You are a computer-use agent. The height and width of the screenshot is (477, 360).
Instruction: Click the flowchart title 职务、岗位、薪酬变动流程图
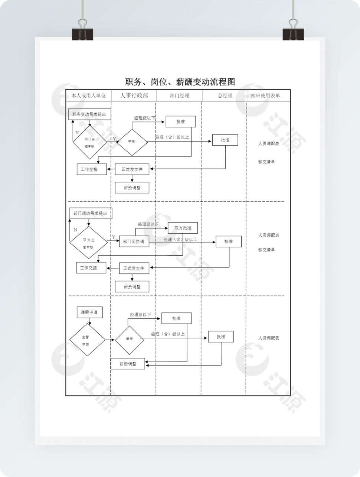pyautogui.click(x=180, y=82)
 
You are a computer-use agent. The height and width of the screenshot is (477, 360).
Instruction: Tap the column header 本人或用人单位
pyautogui.click(x=88, y=95)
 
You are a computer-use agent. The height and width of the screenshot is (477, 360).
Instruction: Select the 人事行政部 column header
pyautogui.click(x=134, y=95)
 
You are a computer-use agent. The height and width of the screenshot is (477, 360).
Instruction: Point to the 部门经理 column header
pyautogui.click(x=180, y=95)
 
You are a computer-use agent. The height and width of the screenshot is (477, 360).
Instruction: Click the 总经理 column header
pyautogui.click(x=225, y=95)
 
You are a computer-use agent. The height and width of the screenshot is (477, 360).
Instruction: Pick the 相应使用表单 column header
pyautogui.click(x=265, y=95)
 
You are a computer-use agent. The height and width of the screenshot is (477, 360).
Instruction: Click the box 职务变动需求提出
pyautogui.click(x=89, y=114)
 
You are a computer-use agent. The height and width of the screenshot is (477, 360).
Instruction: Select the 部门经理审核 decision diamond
pyautogui.click(x=89, y=142)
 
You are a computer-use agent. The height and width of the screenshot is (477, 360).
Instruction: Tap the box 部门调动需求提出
pyautogui.click(x=90, y=213)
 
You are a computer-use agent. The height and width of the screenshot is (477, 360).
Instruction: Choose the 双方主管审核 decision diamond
pyautogui.click(x=88, y=243)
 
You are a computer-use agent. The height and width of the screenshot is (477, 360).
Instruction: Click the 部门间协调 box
pyautogui.click(x=134, y=241)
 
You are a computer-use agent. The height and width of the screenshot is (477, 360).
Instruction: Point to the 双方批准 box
pyautogui.click(x=183, y=228)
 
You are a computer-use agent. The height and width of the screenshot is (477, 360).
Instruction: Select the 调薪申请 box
pyautogui.click(x=89, y=312)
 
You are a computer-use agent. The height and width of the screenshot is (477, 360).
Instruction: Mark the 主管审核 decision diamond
pyautogui.click(x=87, y=340)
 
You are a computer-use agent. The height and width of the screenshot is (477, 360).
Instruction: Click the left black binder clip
pyautogui.click(x=82, y=31)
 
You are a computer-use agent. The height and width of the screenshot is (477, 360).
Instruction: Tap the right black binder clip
pyautogui.click(x=293, y=31)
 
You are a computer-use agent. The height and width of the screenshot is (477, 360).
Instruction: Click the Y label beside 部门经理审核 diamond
pyautogui.click(x=114, y=139)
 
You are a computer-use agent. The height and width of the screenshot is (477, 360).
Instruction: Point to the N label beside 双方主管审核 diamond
pyautogui.click(x=75, y=230)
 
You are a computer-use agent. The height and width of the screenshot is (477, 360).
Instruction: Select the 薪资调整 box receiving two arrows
pyautogui.click(x=128, y=364)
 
